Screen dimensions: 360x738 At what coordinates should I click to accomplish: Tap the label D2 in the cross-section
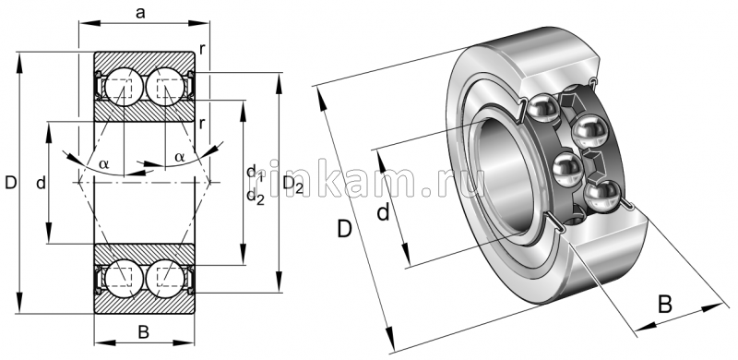[x=293, y=185]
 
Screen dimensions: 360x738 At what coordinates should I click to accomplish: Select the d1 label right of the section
[x=256, y=173]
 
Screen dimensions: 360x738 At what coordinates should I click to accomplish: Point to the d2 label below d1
[x=256, y=196]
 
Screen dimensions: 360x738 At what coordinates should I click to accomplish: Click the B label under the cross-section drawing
[x=143, y=331]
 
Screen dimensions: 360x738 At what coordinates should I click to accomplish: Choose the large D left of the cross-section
[x=10, y=184]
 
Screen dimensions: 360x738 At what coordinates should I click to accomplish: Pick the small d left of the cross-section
[x=41, y=184]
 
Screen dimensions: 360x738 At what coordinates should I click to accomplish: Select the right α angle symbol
[x=179, y=158]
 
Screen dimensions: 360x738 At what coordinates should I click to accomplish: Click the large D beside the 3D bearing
[x=344, y=227]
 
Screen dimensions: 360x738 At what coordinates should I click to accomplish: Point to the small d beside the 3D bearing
[x=383, y=214]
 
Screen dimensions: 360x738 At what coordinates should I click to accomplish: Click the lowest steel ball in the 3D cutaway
[x=605, y=193]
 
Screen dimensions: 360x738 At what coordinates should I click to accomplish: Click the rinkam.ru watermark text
[x=378, y=184]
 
